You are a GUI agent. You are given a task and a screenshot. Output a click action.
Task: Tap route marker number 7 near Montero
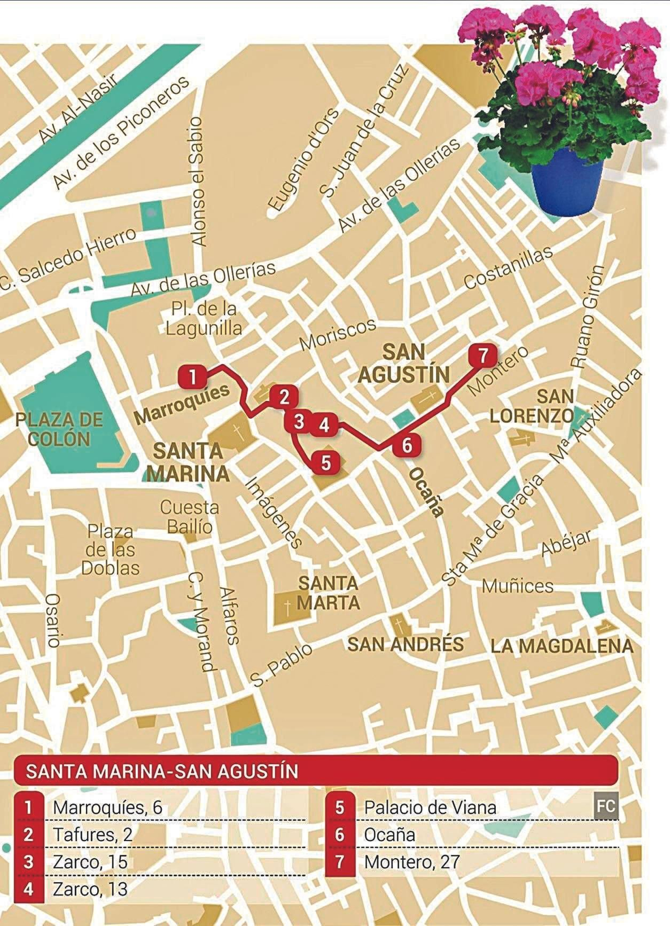tap(482, 356)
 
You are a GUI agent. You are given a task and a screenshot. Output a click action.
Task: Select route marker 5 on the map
tap(326, 463)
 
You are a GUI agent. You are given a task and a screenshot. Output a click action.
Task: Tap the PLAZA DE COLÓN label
tap(59, 430)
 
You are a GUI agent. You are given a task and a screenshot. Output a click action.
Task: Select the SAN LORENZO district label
tap(532, 406)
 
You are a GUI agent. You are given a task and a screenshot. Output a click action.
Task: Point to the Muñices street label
tap(518, 586)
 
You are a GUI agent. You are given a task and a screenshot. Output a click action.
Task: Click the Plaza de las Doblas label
tap(111, 550)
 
